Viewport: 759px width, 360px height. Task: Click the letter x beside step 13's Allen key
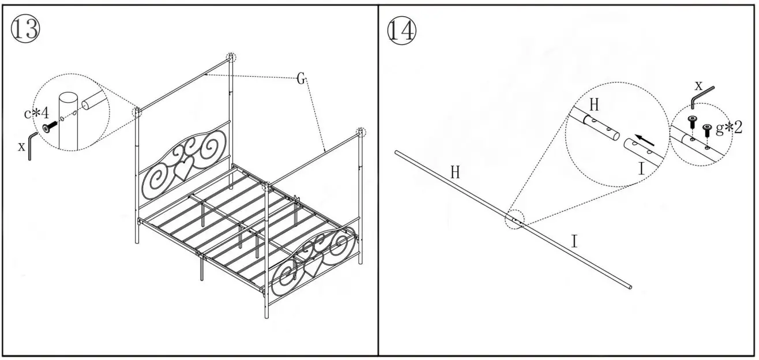tap(21, 146)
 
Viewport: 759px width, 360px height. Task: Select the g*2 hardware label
tap(728, 127)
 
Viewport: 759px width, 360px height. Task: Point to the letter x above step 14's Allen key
tap(698, 86)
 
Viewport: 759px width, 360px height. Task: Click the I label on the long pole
tap(574, 241)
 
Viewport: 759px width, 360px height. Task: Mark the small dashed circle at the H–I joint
tap(515, 220)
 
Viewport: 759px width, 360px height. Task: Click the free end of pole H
tap(397, 153)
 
